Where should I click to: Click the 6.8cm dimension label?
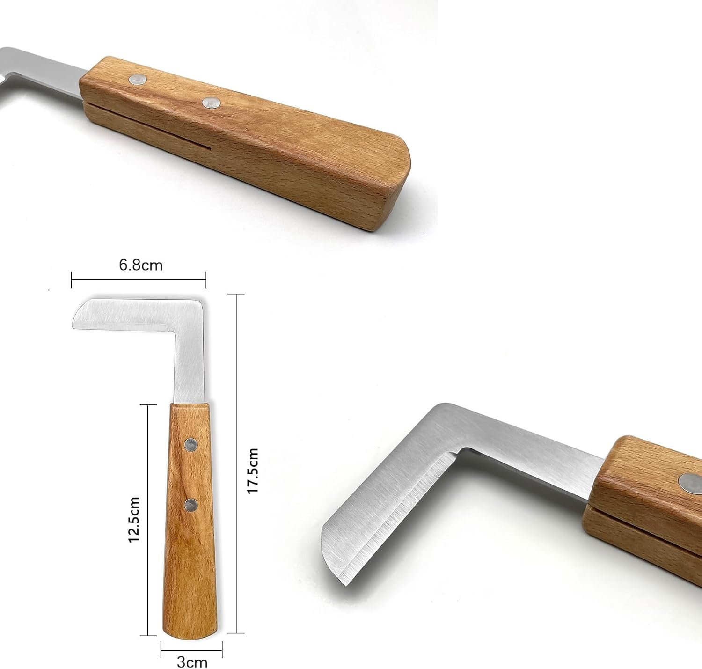tap(141, 265)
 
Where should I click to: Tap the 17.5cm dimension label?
tap(253, 471)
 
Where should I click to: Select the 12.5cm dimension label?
tap(133, 520)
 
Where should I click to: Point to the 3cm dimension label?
tap(192, 662)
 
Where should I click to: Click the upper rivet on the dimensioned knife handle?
tap(191, 445)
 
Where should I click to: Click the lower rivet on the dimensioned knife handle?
tap(191, 505)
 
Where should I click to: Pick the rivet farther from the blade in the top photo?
tap(212, 103)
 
